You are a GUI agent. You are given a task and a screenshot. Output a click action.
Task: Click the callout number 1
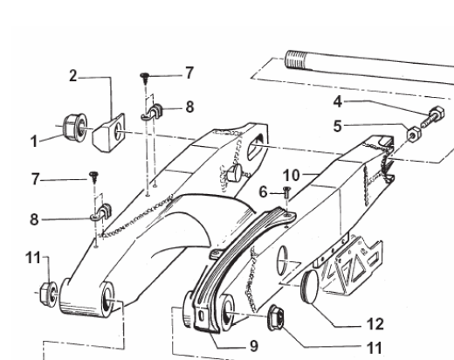tap(34, 142)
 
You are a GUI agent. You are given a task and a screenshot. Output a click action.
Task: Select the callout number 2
tap(73, 76)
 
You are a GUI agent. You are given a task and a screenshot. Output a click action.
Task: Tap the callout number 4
tap(338, 101)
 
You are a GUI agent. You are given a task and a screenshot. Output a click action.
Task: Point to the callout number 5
tap(337, 127)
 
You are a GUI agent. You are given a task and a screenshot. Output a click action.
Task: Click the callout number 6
tap(263, 192)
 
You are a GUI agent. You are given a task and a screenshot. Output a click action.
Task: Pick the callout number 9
tap(254, 346)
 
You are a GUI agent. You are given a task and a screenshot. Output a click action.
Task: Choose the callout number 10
tap(292, 176)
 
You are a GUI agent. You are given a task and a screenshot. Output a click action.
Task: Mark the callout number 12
tap(375, 324)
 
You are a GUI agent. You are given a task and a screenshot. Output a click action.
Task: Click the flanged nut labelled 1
tap(75, 125)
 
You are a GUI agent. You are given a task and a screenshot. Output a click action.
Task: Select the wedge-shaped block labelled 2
tap(108, 133)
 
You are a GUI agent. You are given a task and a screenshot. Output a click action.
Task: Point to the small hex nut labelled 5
tap(414, 134)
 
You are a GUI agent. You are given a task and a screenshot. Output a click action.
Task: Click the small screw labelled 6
tap(286, 192)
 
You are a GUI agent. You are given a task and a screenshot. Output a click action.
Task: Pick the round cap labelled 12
tap(310, 287)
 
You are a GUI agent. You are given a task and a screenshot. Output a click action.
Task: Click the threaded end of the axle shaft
tap(295, 59)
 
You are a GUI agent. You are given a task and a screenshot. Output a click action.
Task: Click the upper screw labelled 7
tap(145, 79)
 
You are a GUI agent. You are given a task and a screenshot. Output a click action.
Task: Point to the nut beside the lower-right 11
tap(276, 318)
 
